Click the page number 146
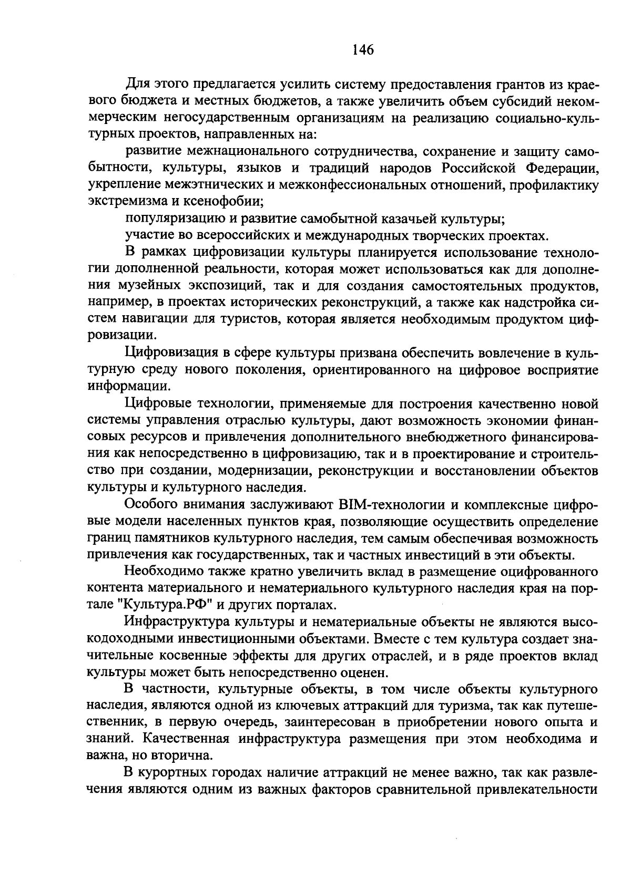click(363, 50)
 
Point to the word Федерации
click(562, 168)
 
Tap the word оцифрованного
click(548, 572)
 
